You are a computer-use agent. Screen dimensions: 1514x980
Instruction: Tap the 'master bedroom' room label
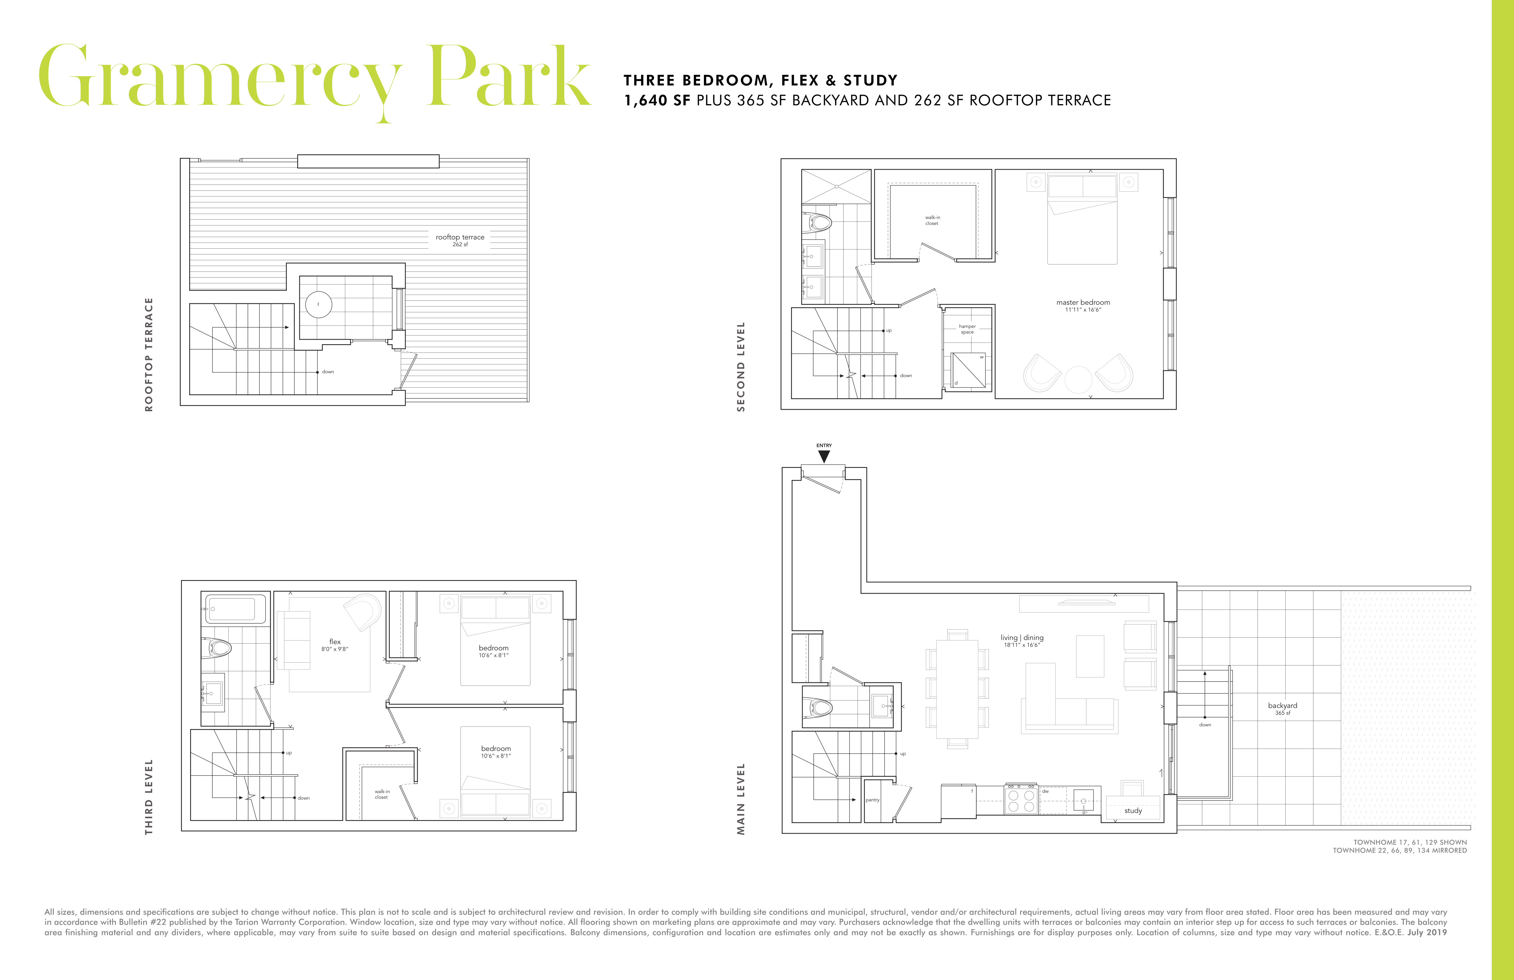[1083, 302]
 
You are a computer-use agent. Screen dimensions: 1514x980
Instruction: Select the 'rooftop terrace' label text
[460, 237]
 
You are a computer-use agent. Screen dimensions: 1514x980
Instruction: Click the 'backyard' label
[1282, 705]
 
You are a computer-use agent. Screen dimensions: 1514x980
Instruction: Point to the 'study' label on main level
[1133, 811]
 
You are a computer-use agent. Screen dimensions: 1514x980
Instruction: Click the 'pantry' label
[872, 800]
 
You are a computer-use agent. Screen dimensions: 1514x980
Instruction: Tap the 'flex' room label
[335, 641]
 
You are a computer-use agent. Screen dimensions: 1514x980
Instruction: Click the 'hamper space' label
[967, 329]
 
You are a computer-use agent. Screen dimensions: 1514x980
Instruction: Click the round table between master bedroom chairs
[1078, 380]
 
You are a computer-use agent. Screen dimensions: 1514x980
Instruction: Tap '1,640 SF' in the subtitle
[657, 101]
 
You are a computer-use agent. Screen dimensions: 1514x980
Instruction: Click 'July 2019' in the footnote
[1427, 932]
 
